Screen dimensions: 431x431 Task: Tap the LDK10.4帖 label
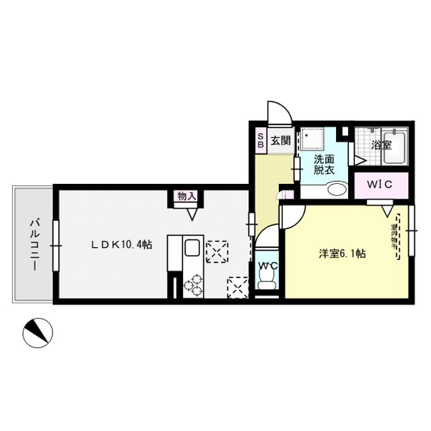coord(122,244)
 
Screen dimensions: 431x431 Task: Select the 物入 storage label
coord(187,197)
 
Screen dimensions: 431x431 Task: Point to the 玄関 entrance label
coord(281,141)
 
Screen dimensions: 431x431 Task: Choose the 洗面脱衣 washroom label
coord(324,165)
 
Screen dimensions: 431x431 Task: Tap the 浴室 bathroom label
coord(382,144)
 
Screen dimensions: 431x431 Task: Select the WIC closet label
coord(378,185)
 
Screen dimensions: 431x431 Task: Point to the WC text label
coord(269,267)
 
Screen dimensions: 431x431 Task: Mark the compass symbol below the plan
coord(36,332)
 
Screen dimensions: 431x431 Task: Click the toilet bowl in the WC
coord(267,284)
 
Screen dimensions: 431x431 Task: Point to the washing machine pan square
coord(313,141)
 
